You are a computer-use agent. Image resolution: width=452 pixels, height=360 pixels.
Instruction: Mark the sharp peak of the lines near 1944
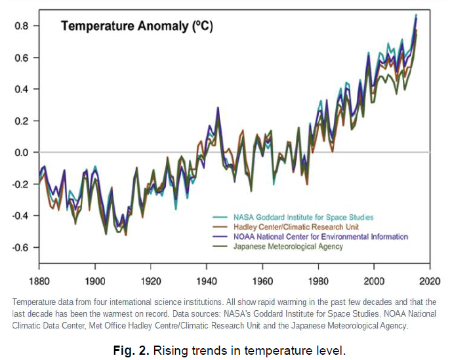218,108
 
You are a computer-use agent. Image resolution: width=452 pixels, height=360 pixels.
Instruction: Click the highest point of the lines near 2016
416,15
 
